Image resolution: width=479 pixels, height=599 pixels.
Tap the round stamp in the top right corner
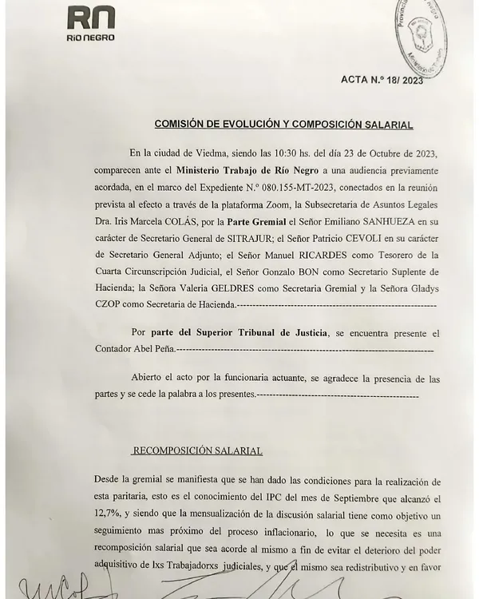(x=434, y=32)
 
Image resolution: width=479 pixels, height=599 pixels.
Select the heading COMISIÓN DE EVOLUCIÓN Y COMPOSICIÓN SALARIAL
(x=283, y=125)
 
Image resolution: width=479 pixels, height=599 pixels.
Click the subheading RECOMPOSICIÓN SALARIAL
(x=196, y=450)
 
